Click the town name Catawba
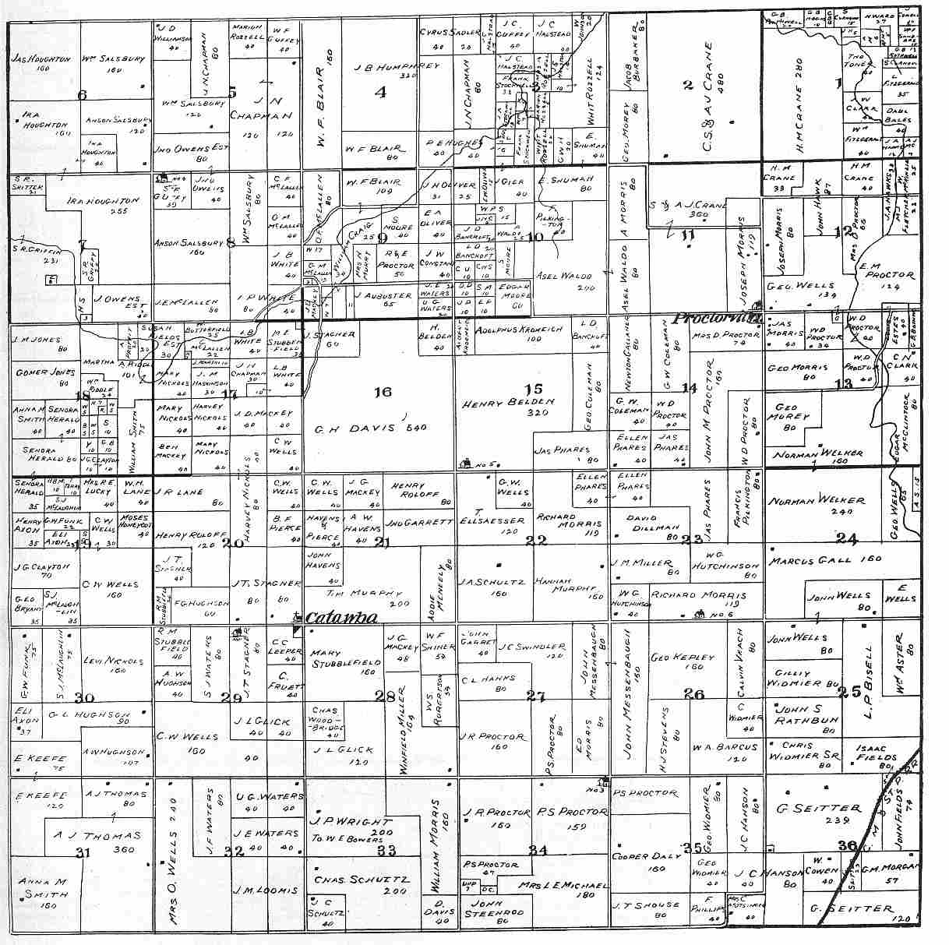click(x=343, y=618)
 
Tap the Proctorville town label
click(x=718, y=318)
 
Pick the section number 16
click(x=382, y=392)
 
